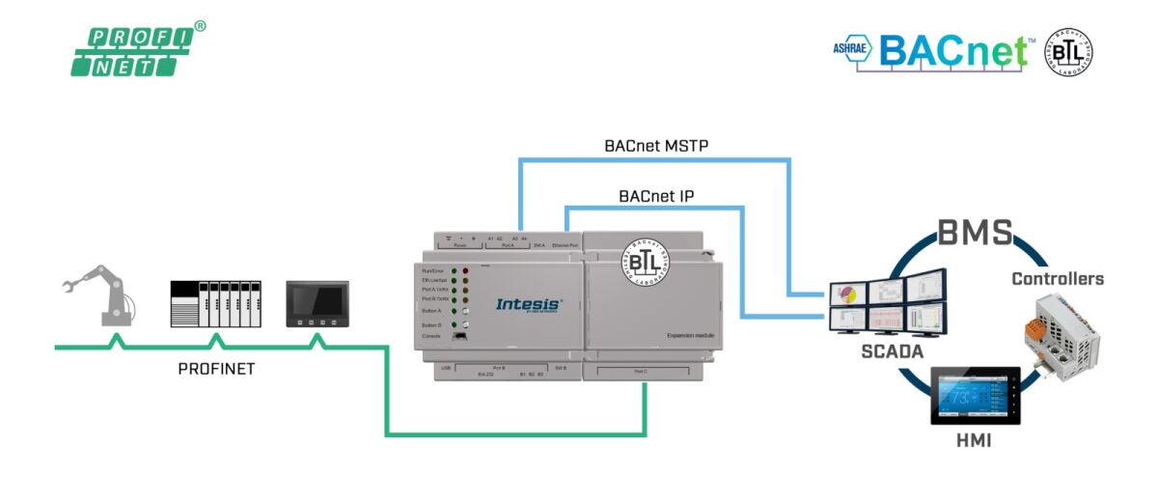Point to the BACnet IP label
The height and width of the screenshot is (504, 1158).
(x=657, y=196)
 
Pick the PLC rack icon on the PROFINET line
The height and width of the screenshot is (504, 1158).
(x=215, y=305)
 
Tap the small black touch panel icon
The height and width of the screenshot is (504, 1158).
(x=317, y=304)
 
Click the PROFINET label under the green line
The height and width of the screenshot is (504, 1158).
(x=216, y=369)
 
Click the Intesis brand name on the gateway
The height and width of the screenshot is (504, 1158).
(x=527, y=304)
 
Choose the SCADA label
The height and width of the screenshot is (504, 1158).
(x=893, y=352)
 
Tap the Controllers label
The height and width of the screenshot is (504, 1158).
(x=1057, y=279)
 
